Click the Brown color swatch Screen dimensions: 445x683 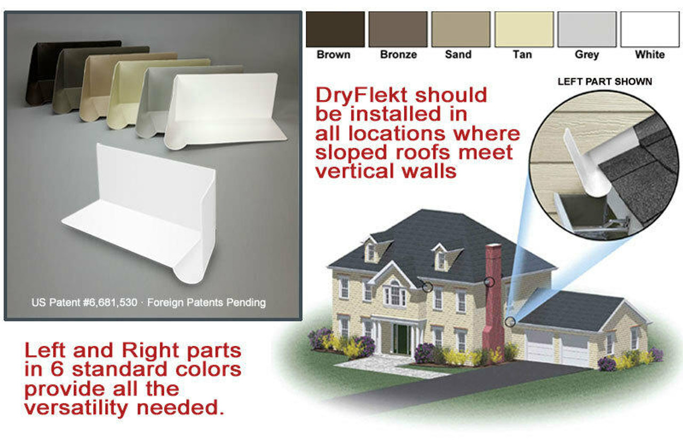[x=335, y=29]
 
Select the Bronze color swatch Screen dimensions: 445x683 [x=398, y=29]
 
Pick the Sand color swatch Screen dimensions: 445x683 [x=460, y=29]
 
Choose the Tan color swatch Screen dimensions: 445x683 [x=524, y=29]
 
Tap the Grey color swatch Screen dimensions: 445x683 [x=587, y=29]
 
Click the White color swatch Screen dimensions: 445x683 [x=649, y=29]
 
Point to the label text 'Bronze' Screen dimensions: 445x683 [x=398, y=54]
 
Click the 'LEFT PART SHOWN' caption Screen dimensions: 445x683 [x=605, y=82]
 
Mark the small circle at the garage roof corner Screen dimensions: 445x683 [x=511, y=321]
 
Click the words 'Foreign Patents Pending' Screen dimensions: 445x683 [x=206, y=303]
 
